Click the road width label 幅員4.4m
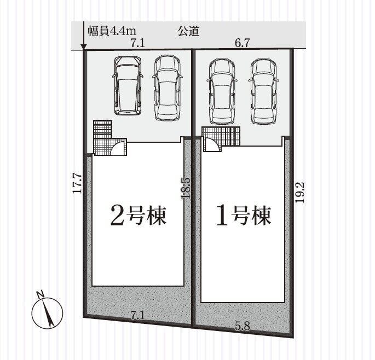coord(112,31)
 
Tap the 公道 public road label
coord(188,31)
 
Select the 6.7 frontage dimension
coord(243,43)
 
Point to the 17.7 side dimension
coord(78,183)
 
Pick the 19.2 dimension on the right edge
coord(299,193)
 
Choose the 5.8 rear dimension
coord(243,326)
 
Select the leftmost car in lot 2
coord(128,85)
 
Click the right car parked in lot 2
coord(167,88)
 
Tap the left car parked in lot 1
coord(221,91)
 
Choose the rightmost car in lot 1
coord(263,91)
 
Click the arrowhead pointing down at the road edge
coord(83,47)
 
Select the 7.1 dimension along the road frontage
coord(138,43)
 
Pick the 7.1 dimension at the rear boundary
coord(138,316)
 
